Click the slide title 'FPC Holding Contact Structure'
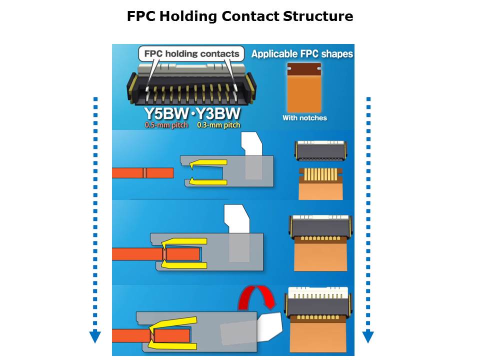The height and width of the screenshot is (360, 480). coord(240,16)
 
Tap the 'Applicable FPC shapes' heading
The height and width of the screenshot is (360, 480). coord(302,53)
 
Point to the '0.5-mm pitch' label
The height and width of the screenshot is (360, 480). coord(166,124)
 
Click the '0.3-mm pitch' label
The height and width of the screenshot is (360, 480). coord(218,124)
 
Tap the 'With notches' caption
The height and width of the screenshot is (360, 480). coord(304,118)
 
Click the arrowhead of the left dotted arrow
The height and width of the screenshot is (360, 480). coord(95,337)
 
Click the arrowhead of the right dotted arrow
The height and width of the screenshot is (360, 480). coord(368,337)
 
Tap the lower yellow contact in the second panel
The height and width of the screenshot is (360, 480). coord(209,182)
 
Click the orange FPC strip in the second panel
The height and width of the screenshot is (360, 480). coord(142,173)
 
